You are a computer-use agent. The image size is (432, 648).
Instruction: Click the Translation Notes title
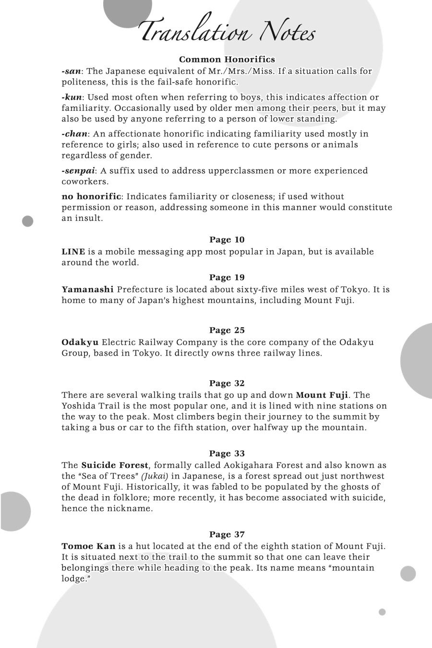227,31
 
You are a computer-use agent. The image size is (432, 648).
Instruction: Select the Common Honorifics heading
227,60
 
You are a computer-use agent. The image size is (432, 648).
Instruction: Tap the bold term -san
71,71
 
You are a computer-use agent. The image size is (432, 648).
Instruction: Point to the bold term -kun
72,97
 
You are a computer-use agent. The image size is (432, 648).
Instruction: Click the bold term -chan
74,134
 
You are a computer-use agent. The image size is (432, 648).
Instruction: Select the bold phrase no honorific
91,196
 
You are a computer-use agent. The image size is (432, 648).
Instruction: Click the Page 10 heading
227,240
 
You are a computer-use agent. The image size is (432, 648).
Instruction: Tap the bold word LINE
73,252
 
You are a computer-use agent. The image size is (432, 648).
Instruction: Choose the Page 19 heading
227,277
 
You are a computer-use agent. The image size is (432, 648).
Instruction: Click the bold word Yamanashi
87,289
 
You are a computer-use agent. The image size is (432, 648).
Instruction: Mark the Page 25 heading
227,330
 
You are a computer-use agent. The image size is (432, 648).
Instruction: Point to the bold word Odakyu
80,342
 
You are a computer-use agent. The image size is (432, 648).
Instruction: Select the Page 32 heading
227,383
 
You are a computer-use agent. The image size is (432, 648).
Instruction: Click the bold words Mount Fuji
322,395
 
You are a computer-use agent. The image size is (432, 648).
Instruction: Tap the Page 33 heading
227,454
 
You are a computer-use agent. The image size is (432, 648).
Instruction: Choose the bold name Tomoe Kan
88,546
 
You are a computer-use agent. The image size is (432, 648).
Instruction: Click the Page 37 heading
227,535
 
